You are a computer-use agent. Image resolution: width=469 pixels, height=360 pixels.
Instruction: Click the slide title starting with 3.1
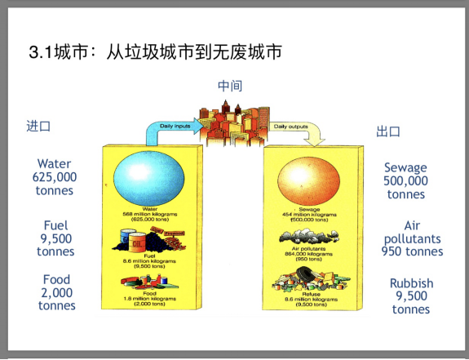tap(155, 53)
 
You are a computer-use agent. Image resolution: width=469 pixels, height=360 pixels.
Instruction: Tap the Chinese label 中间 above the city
tap(230, 86)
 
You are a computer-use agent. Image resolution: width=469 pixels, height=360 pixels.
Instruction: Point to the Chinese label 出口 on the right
tap(388, 131)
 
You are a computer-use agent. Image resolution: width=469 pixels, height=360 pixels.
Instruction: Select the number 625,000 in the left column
tap(55, 177)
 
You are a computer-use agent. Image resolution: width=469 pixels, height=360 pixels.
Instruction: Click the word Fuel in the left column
tap(55, 224)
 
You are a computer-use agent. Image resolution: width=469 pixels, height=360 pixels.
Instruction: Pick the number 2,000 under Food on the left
tap(55, 292)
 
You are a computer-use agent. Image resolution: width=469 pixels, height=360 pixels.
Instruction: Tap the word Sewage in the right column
tap(405, 167)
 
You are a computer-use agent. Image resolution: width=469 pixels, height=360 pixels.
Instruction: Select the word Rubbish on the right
tap(411, 283)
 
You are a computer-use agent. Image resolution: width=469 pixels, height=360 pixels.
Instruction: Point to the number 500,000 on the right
tap(405, 181)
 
